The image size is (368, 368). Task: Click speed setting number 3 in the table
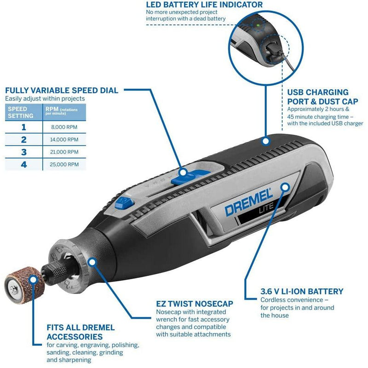click(x=24, y=152)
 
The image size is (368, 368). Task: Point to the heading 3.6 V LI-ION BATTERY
click(x=302, y=291)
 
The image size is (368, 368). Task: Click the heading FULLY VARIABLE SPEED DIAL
click(x=62, y=91)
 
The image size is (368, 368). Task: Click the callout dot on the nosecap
click(x=92, y=262)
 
